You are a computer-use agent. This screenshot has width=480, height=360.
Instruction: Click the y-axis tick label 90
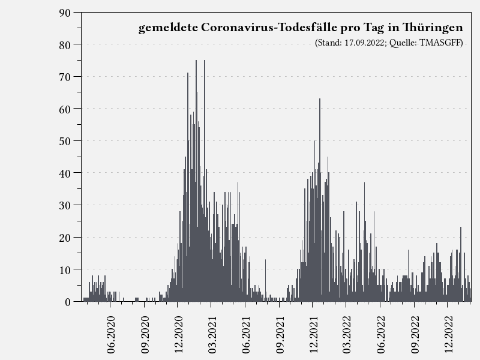tap(65, 13)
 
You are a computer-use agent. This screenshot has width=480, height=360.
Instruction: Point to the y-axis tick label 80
tap(65, 45)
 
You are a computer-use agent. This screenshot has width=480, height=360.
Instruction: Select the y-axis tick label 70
tap(65, 77)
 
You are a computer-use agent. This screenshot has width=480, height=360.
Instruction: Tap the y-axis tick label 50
tap(65, 141)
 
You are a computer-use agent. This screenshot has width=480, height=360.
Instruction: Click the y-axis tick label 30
tap(65, 205)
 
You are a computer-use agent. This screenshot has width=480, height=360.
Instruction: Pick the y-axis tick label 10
tap(65, 269)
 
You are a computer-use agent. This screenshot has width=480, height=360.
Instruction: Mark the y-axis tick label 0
tap(68, 302)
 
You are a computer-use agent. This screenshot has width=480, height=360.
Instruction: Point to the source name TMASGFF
tap(442, 43)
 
